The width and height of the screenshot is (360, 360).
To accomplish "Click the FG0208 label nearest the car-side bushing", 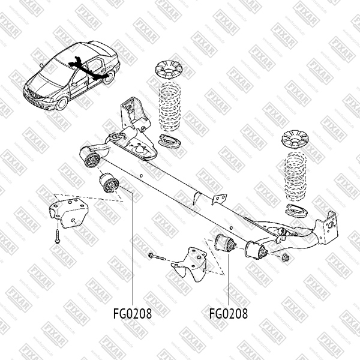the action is pyautogui.click(x=131, y=313).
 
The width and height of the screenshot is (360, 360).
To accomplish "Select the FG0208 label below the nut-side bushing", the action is pyautogui.click(x=228, y=313).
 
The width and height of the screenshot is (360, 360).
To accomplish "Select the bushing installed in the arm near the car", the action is pyautogui.click(x=94, y=159).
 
